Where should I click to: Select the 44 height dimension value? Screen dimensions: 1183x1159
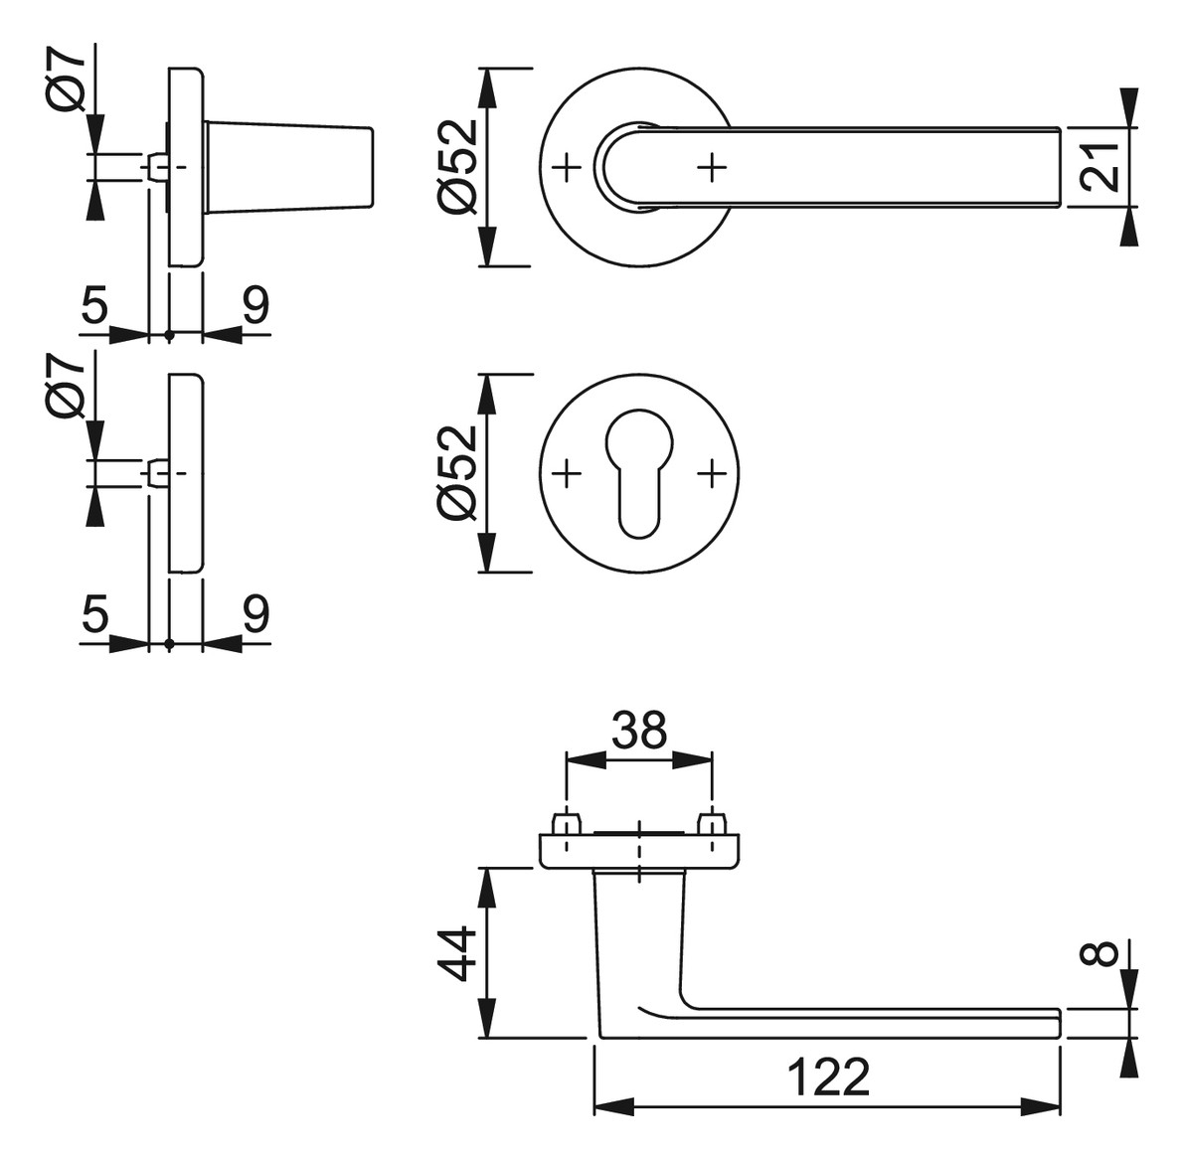pyautogui.click(x=458, y=954)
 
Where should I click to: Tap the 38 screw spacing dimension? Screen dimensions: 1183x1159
pyautogui.click(x=640, y=730)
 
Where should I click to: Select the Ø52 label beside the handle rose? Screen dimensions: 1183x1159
pyautogui.click(x=458, y=166)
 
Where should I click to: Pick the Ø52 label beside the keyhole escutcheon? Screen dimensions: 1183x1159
pyautogui.click(x=458, y=472)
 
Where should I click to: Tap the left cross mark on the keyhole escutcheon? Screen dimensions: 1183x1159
pyautogui.click(x=568, y=474)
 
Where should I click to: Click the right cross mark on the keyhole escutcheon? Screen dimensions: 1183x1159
pyautogui.click(x=711, y=474)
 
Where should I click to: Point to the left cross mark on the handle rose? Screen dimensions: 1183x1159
pyautogui.click(x=568, y=167)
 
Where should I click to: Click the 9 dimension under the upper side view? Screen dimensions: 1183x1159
pyautogui.click(x=255, y=306)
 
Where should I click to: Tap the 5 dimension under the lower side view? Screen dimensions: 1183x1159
pyautogui.click(x=94, y=612)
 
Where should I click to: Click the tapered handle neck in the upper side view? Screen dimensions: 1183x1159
pyautogui.click(x=289, y=167)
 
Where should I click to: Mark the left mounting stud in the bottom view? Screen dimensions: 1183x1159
pyautogui.click(x=568, y=823)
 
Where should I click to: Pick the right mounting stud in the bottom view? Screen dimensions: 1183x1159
pyautogui.click(x=711, y=823)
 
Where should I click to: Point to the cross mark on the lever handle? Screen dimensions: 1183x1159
pyautogui.click(x=711, y=167)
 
